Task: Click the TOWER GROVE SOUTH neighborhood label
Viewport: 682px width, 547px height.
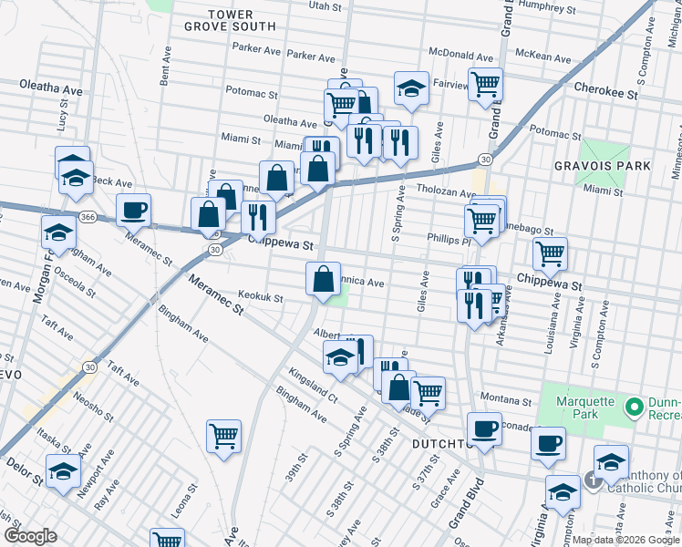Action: tap(243, 20)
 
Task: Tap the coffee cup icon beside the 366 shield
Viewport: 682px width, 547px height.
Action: tap(133, 210)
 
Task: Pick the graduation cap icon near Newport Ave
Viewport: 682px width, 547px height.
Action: tap(63, 471)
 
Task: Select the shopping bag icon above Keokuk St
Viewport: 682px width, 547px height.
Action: tap(323, 278)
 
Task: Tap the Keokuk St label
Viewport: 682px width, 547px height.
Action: tap(261, 297)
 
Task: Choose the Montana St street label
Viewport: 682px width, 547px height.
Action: tap(506, 401)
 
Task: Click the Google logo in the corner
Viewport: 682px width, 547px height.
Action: tap(30, 535)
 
